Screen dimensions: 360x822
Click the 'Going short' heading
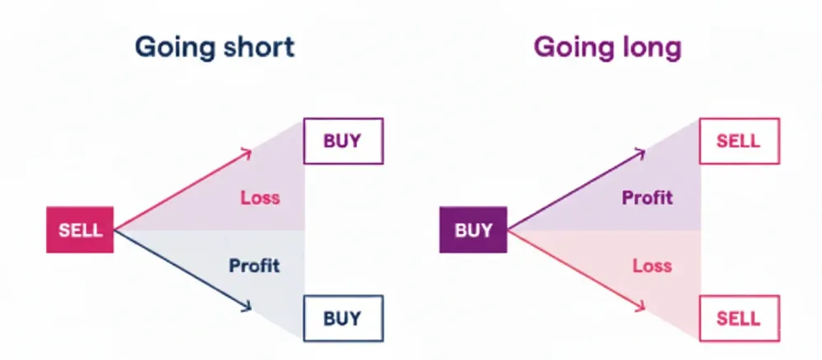(214, 48)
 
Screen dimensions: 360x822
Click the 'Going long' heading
(607, 48)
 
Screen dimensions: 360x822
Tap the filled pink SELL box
(80, 230)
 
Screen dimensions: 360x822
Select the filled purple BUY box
(473, 230)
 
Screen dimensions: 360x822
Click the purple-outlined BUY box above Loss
(342, 141)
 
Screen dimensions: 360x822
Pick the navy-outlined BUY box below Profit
(342, 317)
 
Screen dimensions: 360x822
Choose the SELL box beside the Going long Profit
(738, 141)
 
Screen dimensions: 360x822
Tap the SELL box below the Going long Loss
(738, 317)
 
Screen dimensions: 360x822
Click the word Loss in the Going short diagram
(260, 197)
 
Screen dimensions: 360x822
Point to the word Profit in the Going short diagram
(254, 265)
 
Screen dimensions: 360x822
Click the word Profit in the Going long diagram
(647, 197)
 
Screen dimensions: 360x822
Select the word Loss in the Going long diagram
(652, 265)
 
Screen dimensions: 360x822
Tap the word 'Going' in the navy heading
(171, 48)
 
